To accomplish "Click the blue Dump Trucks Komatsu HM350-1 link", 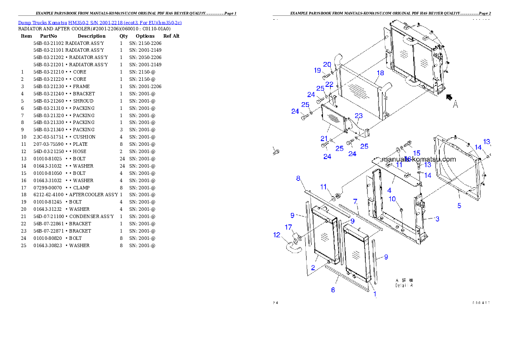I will (100, 22).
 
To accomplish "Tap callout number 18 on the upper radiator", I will (380, 73).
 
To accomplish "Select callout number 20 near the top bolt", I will (327, 65).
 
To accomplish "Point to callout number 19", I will (317, 70).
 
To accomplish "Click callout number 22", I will (329, 84).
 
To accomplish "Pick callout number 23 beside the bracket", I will (358, 115).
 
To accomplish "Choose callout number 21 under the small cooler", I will (325, 139).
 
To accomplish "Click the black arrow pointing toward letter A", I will (449, 97).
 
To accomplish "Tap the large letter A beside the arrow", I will (456, 104).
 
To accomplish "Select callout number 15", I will (417, 153).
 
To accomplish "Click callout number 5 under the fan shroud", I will (459, 206).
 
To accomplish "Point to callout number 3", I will (437, 219).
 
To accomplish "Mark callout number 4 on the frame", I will (389, 190).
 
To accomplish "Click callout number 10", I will (392, 199).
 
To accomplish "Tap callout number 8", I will (298, 178).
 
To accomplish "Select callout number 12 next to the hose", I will (277, 234).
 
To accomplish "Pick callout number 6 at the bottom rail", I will (333, 290).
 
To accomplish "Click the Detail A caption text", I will (404, 285).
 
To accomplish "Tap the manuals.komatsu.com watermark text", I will (419, 159).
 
